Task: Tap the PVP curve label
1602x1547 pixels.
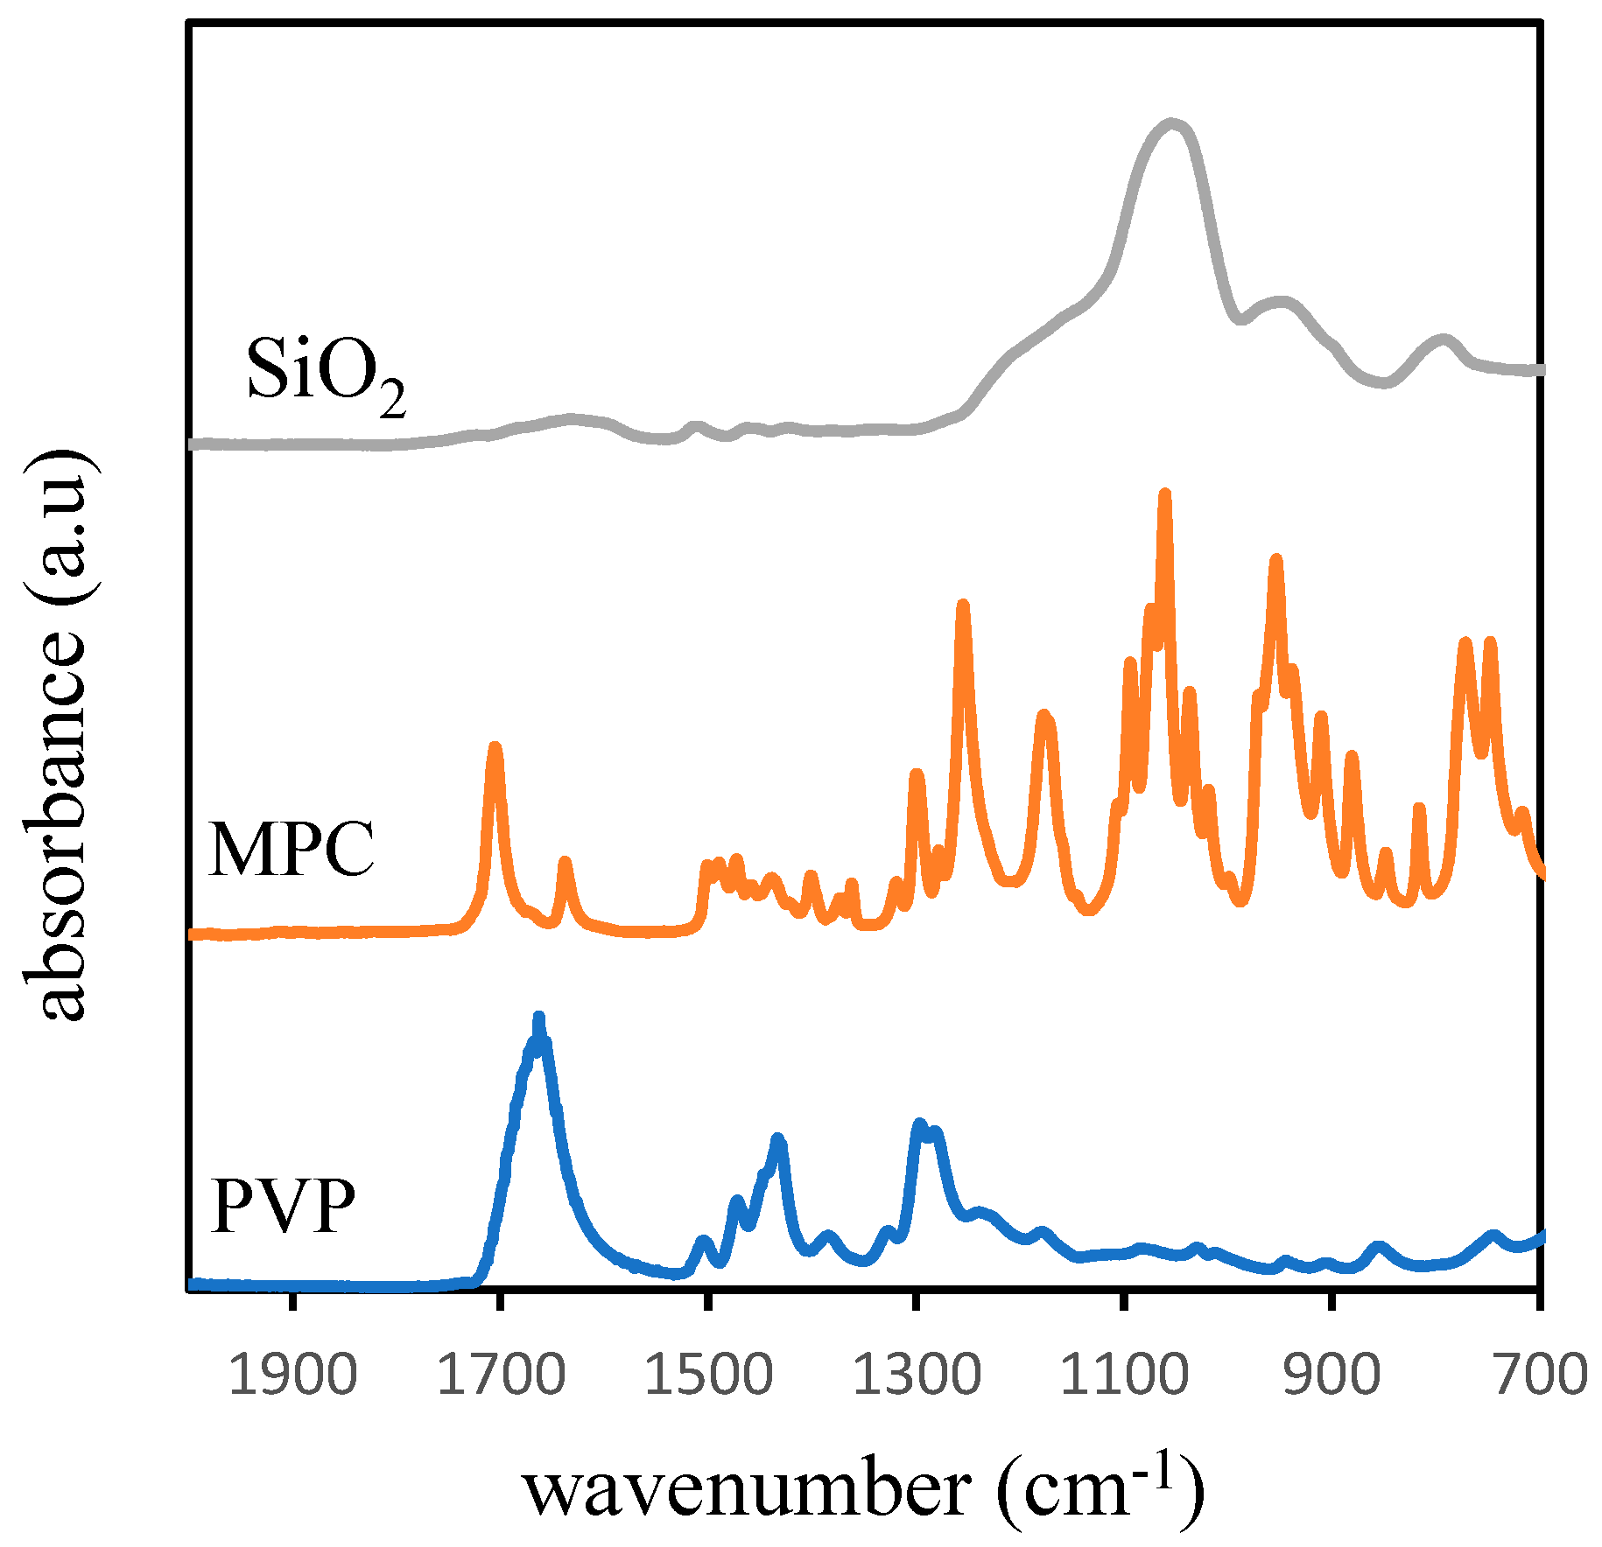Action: pyautogui.click(x=284, y=1206)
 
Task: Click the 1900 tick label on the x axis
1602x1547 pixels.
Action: pyautogui.click(x=292, y=1374)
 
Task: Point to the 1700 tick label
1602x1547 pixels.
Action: pyautogui.click(x=500, y=1374)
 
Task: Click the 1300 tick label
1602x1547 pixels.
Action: pyautogui.click(x=916, y=1374)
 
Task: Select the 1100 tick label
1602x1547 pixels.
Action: pyautogui.click(x=1124, y=1374)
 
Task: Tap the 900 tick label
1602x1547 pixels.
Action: pyautogui.click(x=1331, y=1374)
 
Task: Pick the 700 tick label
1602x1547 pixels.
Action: pyautogui.click(x=1541, y=1374)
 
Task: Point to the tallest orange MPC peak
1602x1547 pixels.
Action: pyautogui.click(x=1164, y=494)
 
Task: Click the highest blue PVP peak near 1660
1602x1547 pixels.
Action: pyautogui.click(x=538, y=1018)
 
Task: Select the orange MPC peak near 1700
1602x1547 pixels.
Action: pyautogui.click(x=495, y=748)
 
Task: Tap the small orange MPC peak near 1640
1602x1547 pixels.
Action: pyautogui.click(x=565, y=863)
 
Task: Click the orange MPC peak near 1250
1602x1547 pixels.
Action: pyautogui.click(x=963, y=605)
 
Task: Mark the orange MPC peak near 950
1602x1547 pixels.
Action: pyautogui.click(x=1276, y=560)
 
